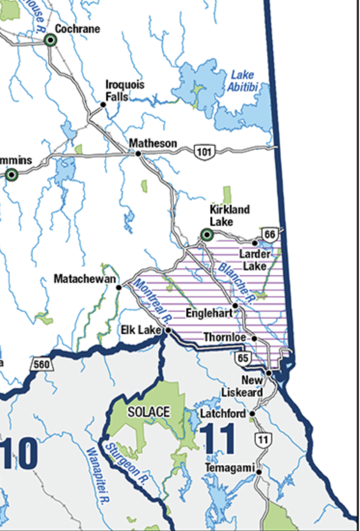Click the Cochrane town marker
click(x=50, y=40)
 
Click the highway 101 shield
click(x=204, y=152)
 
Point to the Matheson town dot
click(x=138, y=154)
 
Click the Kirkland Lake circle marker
click(x=207, y=235)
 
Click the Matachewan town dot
click(x=119, y=288)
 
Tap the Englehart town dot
click(x=235, y=306)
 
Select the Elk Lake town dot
click(x=168, y=331)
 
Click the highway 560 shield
click(x=42, y=364)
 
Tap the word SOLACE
click(x=149, y=412)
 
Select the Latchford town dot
click(x=251, y=414)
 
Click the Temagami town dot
click(x=259, y=472)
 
